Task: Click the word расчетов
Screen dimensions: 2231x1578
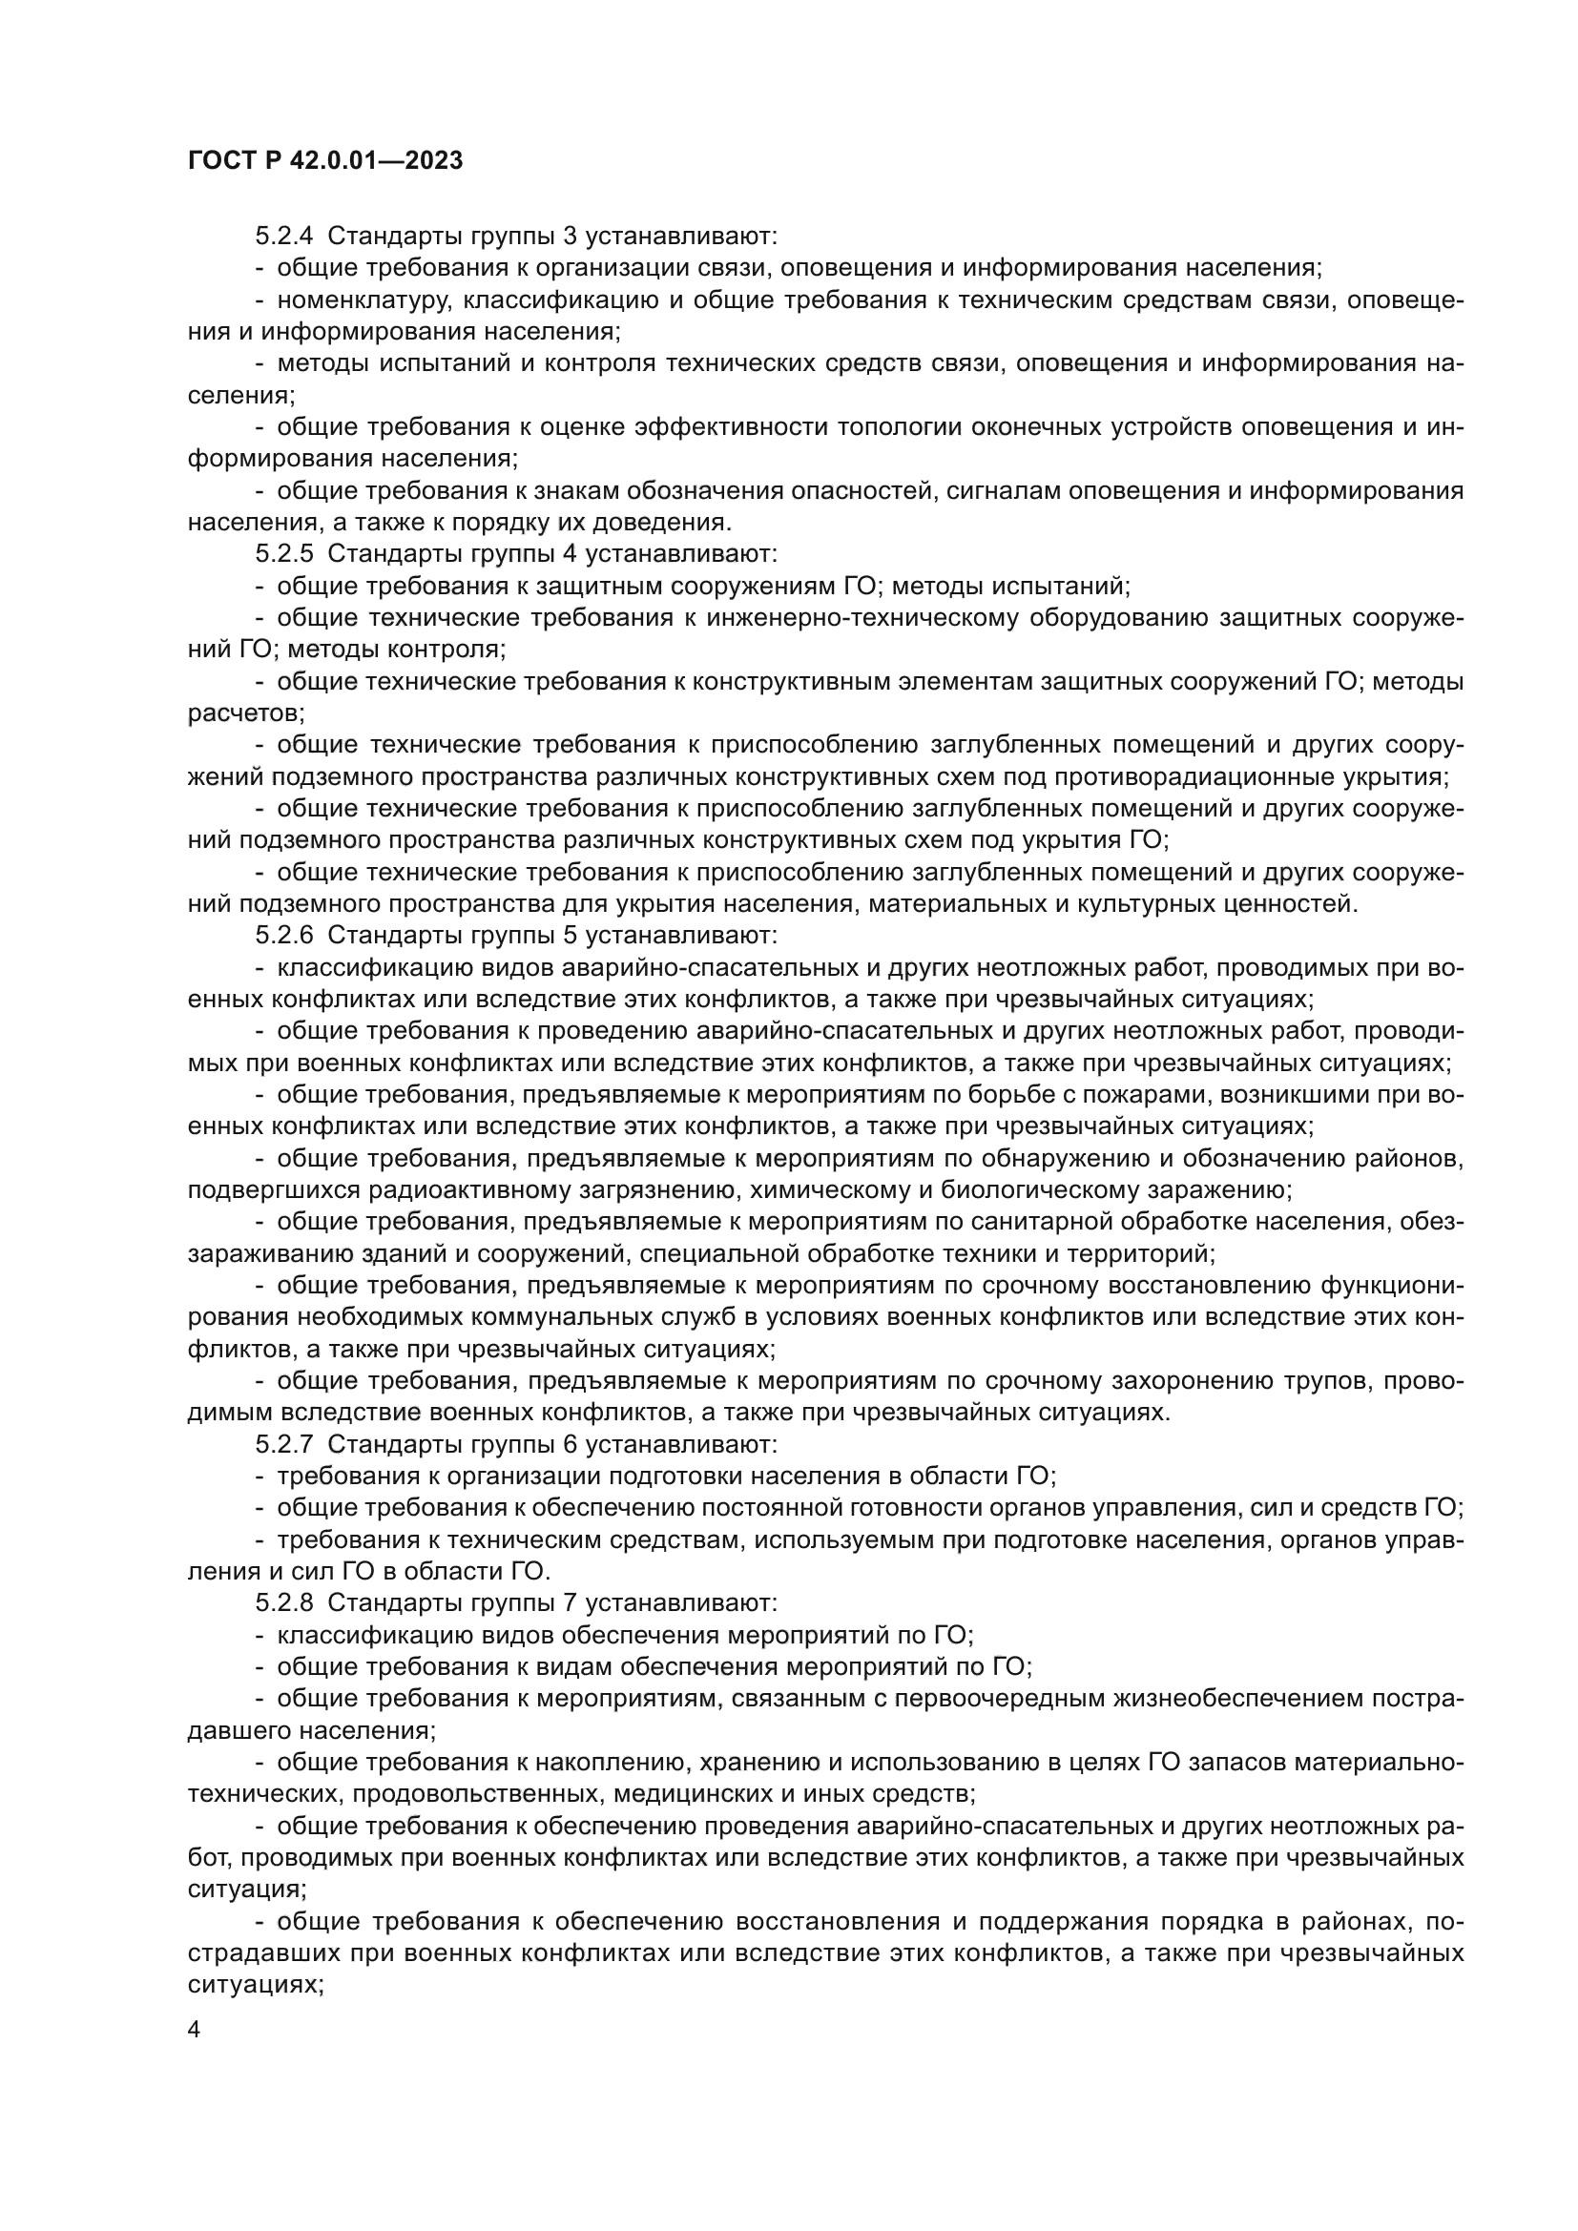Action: pos(245,713)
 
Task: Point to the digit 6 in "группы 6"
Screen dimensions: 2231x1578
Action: pos(570,1445)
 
